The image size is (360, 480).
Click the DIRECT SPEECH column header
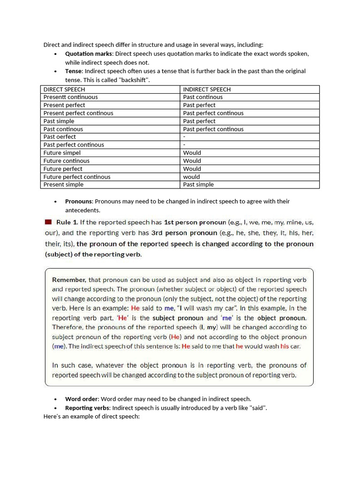coord(64,89)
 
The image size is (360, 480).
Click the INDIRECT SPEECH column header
coord(207,89)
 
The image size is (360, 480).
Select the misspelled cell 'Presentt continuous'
coord(71,97)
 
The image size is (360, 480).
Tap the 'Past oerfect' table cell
coord(60,137)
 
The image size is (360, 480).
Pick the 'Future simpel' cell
coord(62,153)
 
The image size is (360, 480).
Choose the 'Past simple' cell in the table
coord(59,121)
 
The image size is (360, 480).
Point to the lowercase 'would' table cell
coord(191,177)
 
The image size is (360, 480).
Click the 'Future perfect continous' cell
coord(77,177)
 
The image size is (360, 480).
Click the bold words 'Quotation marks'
coord(88,53)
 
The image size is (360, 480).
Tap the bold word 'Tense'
coord(74,71)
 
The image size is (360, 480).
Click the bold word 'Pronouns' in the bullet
coord(78,202)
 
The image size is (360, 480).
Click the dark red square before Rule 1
coord(48,222)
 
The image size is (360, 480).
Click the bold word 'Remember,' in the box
coord(68,280)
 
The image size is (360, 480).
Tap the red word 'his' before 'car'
coord(285,346)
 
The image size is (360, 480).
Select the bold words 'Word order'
coord(82,399)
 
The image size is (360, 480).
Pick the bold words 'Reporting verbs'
coord(87,408)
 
